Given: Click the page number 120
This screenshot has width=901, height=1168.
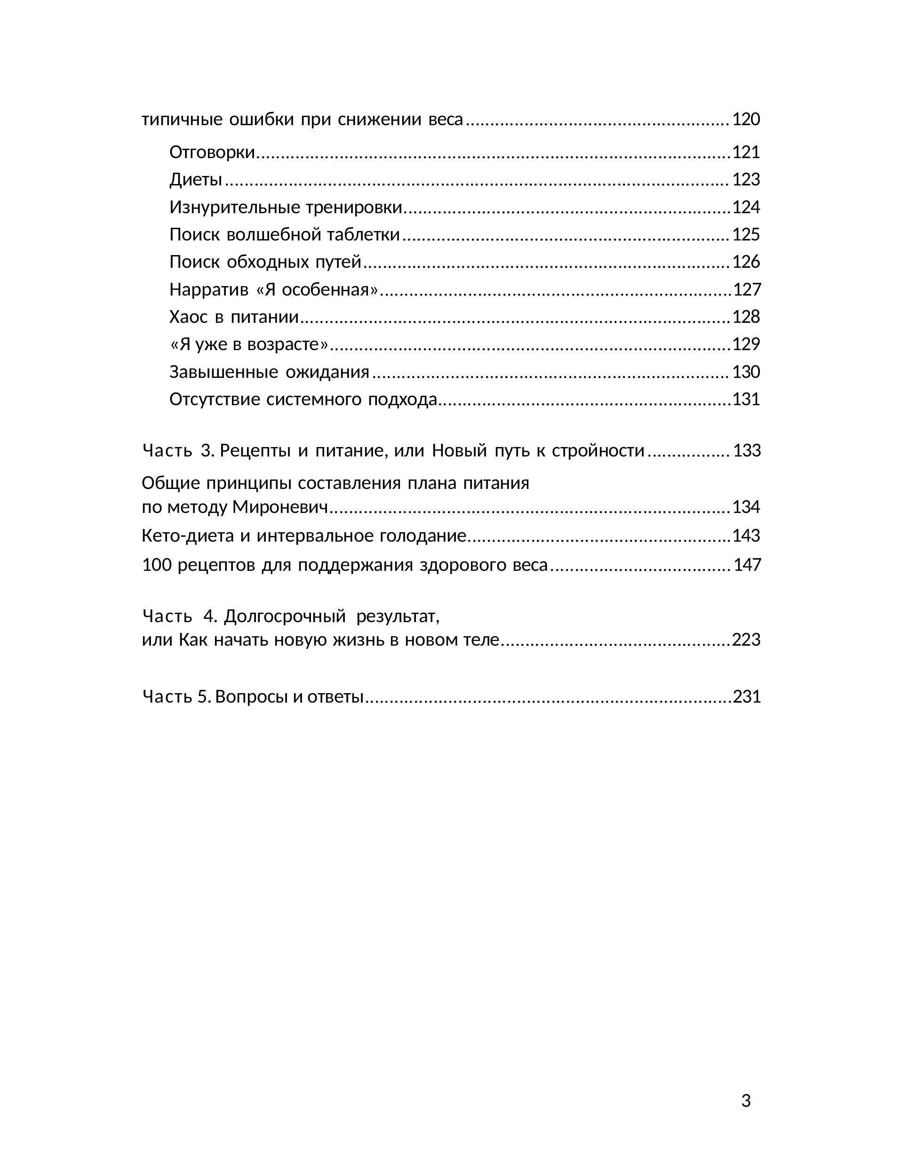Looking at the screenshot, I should [x=745, y=119].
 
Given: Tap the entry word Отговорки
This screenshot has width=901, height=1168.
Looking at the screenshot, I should [x=212, y=152].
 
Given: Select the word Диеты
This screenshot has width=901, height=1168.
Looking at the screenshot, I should [x=196, y=180].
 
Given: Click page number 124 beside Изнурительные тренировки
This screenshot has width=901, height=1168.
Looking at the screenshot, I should [x=745, y=207].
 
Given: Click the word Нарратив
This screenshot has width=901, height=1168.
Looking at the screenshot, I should [x=209, y=290].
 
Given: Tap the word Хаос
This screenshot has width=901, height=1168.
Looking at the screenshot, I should [x=188, y=317].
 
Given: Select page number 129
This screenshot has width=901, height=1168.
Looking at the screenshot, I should [x=745, y=344].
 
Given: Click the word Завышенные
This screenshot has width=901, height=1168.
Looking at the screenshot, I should [x=223, y=372].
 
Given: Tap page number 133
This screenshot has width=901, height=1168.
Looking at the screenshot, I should [x=747, y=451].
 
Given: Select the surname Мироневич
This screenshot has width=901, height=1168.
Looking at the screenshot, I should [x=279, y=507].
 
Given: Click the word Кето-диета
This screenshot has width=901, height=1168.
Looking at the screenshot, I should [x=188, y=536].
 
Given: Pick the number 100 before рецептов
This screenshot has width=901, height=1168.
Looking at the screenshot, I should [x=156, y=565].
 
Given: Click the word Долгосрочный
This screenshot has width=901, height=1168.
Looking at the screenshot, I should [x=285, y=616].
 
